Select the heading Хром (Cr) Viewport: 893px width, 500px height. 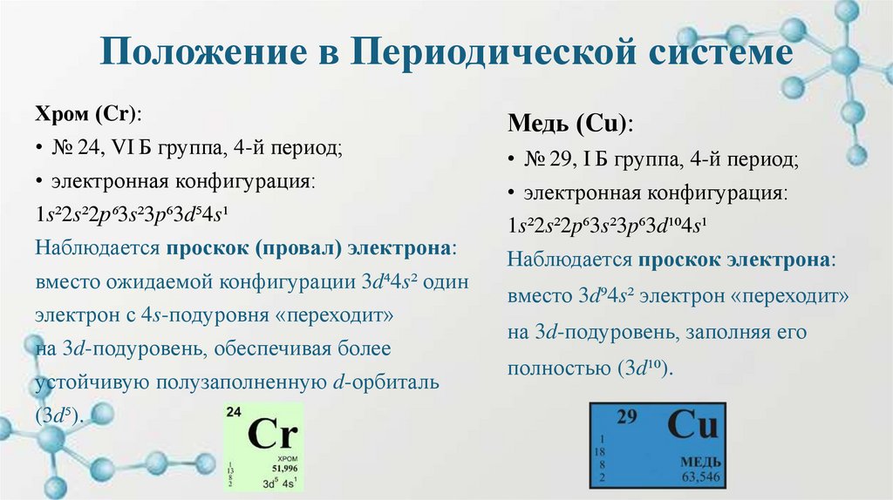89,116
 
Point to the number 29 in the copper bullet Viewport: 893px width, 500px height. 560,159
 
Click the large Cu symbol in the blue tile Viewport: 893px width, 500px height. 692,426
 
